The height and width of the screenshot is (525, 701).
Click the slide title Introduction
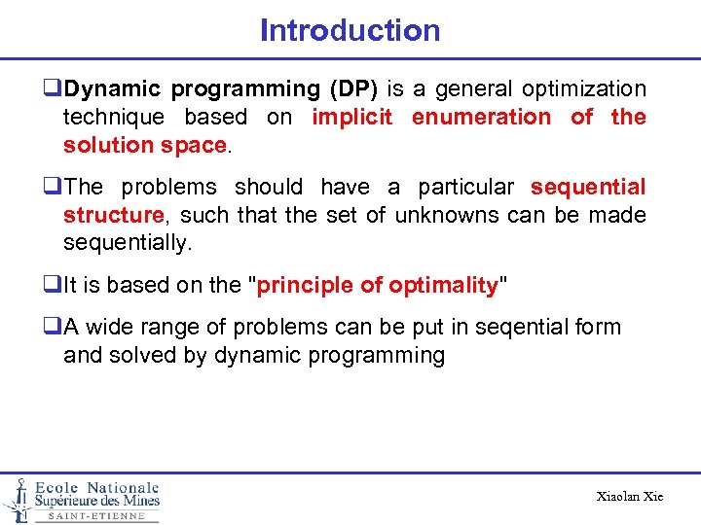[x=350, y=30]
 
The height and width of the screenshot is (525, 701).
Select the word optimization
[x=584, y=89]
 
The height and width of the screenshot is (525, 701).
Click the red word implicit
[x=351, y=118]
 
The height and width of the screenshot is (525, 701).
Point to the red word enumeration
[x=481, y=118]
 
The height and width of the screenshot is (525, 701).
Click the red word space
[x=198, y=146]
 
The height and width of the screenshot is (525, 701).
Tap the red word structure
[x=112, y=215]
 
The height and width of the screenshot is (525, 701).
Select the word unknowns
[x=442, y=215]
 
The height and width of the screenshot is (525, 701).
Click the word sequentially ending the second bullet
[x=127, y=243]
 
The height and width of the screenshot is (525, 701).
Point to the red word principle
[x=305, y=286]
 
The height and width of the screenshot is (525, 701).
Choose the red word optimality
[x=443, y=286]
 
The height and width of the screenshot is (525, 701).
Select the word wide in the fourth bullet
[x=110, y=328]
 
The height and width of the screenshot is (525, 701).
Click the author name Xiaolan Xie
[x=629, y=497]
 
